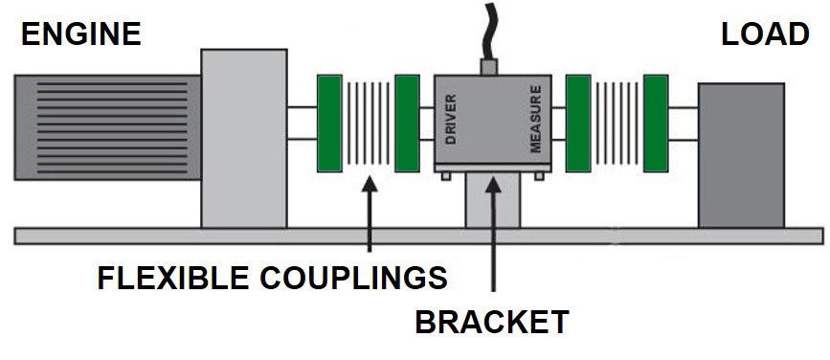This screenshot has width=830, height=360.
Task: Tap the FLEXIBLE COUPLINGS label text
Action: (x=273, y=278)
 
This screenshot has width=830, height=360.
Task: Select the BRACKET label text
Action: (x=491, y=322)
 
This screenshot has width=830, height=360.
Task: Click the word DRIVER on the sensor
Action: (x=451, y=120)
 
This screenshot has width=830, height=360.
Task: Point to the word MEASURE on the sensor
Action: (x=536, y=120)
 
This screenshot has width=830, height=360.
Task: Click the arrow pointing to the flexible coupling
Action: (x=368, y=215)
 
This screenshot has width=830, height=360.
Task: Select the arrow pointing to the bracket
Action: (x=494, y=230)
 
